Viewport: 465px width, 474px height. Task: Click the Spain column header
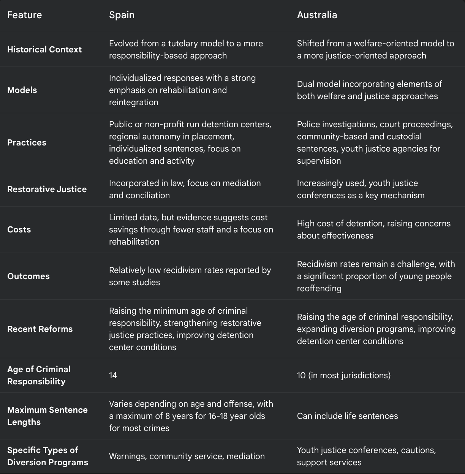[122, 15]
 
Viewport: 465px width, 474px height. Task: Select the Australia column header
[317, 15]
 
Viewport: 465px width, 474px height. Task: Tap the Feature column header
[24, 15]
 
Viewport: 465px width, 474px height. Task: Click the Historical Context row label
[44, 49]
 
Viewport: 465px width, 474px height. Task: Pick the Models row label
[22, 90]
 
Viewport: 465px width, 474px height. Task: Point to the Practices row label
[27, 142]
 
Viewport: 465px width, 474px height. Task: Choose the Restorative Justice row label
[47, 189]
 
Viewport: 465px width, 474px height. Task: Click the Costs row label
[19, 229]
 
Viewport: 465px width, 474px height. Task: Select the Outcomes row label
[28, 276]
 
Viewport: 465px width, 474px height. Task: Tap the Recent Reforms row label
[40, 329]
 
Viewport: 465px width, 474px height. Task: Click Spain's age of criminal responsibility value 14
[113, 375]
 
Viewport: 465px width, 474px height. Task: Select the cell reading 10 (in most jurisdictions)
[343, 375]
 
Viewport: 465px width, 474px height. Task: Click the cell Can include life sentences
[347, 416]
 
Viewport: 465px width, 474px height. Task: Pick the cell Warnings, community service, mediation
[187, 456]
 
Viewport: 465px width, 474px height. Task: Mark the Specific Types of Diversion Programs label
[47, 456]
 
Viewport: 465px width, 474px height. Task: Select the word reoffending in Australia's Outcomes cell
[319, 288]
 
